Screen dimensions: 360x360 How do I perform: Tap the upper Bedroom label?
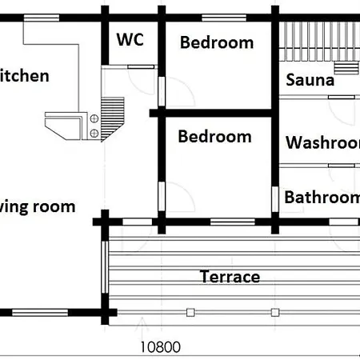pyautogui.click(x=216, y=42)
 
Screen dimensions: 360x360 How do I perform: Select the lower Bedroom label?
pyautogui.click(x=214, y=137)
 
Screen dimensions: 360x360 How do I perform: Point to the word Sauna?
pyautogui.click(x=310, y=80)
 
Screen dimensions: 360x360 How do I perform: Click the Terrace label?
pyautogui.click(x=230, y=277)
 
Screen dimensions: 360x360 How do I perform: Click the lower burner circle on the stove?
pyautogui.click(x=95, y=132)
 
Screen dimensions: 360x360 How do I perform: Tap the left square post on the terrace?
pyautogui.click(x=190, y=311)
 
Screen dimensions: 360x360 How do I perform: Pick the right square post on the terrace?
pyautogui.click(x=275, y=311)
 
